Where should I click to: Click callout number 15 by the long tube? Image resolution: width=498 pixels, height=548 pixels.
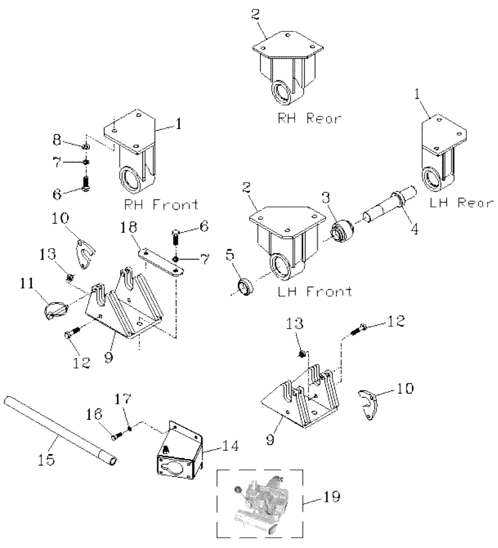[x=48, y=459]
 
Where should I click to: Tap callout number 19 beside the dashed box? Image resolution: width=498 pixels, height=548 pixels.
[x=333, y=498]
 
